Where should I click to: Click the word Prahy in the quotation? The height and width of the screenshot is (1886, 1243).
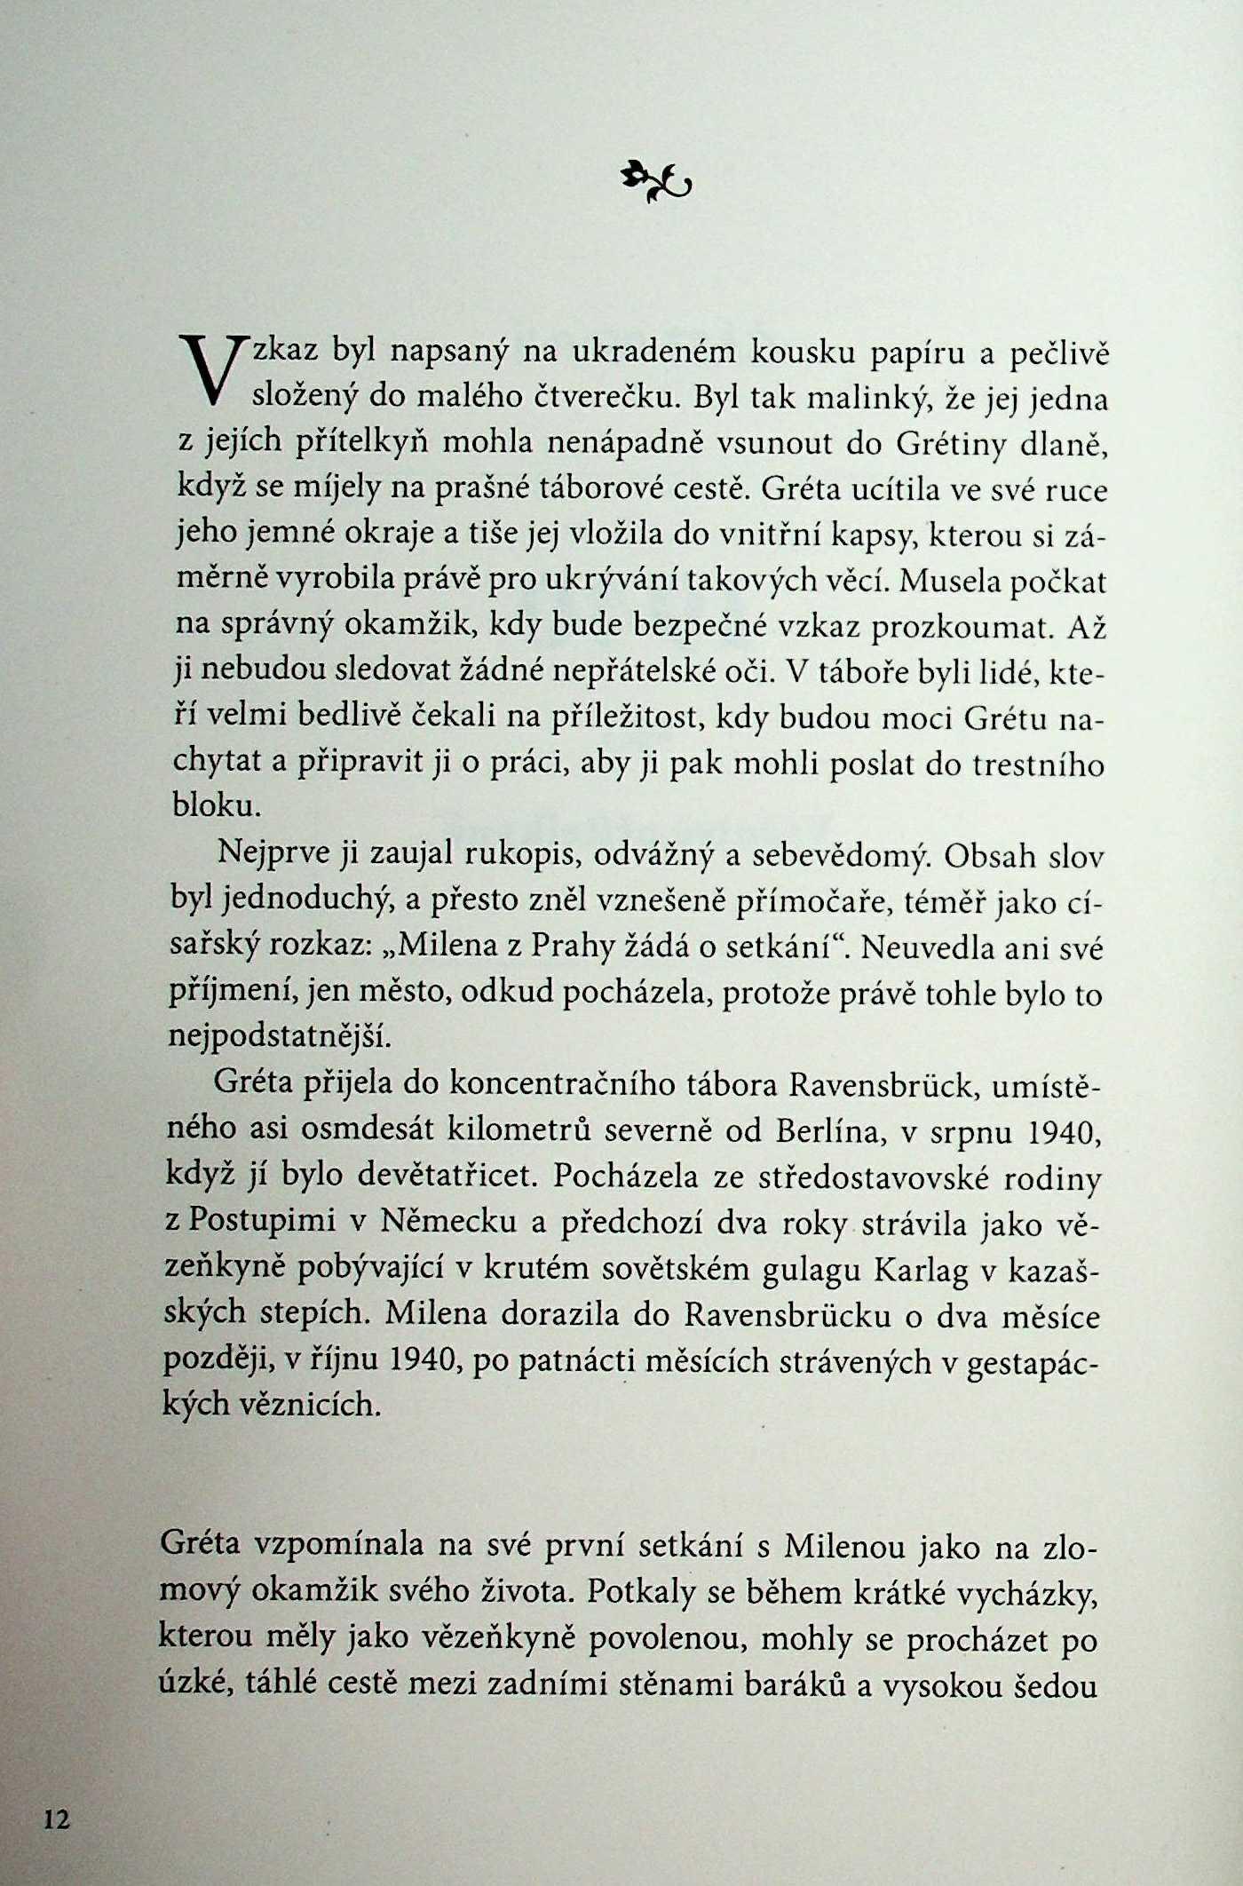tap(573, 947)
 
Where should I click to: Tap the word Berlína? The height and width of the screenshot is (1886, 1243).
tap(835, 1130)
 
